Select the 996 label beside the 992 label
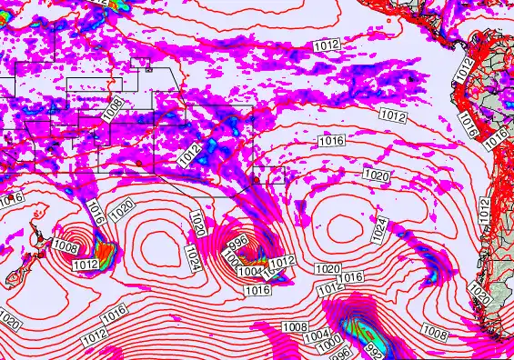(x=338, y=354)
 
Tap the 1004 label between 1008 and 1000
(x=316, y=336)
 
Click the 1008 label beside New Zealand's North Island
(x=65, y=246)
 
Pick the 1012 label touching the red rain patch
(x=86, y=264)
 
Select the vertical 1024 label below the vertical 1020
(x=192, y=256)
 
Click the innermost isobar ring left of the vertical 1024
(x=156, y=245)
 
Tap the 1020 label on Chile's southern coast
(x=480, y=292)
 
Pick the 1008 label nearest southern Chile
(x=435, y=334)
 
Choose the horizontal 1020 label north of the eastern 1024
(x=376, y=174)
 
